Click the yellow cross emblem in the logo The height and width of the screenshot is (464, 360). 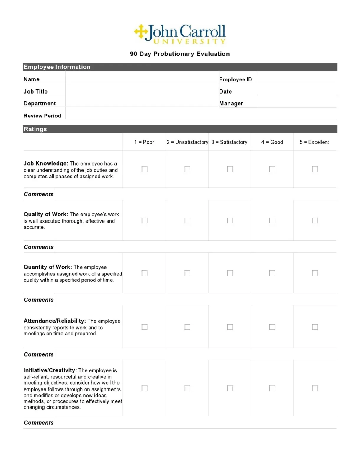[141, 32]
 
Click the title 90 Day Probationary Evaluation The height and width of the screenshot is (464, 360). [180, 54]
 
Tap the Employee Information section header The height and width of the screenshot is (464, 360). [57, 67]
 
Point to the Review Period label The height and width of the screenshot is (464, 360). [42, 116]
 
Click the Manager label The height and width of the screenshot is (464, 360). [231, 104]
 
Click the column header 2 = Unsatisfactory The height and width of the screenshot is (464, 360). [187, 142]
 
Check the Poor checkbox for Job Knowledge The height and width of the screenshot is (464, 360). [144, 169]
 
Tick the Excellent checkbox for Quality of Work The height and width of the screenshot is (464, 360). [315, 220]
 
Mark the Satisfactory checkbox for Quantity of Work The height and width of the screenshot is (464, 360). [230, 273]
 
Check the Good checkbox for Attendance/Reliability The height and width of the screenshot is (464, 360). [272, 327]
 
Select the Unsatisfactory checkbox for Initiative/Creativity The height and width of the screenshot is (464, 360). [187, 388]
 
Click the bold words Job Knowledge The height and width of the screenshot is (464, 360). [46, 164]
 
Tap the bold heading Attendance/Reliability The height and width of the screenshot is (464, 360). [55, 321]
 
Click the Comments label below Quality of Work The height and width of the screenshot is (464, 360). [39, 247]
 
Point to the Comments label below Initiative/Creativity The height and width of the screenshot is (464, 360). [39, 423]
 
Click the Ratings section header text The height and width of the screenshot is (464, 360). [35, 129]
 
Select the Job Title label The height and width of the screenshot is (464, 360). [35, 92]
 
